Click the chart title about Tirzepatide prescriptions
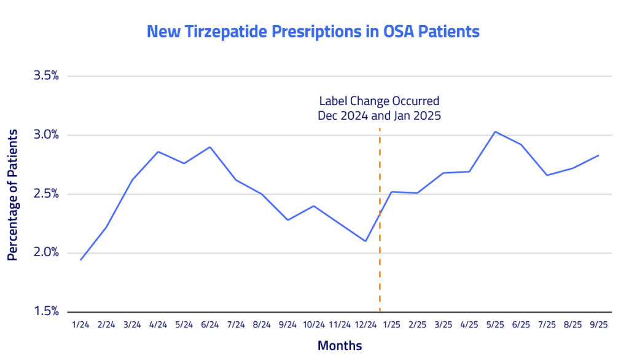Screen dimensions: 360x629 click(x=313, y=31)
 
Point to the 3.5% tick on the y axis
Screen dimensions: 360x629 click(x=46, y=76)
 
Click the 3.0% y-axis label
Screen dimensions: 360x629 click(x=46, y=135)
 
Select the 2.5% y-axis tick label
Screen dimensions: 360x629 click(x=46, y=194)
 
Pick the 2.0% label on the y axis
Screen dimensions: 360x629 click(x=46, y=252)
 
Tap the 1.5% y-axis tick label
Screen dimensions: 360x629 click(x=46, y=311)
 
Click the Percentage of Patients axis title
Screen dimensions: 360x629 click(x=12, y=194)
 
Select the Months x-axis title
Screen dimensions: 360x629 click(x=340, y=345)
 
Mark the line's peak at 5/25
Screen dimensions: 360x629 click(x=495, y=131)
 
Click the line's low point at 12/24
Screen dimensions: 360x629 click(x=366, y=241)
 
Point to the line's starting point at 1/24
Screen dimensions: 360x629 click(x=80, y=260)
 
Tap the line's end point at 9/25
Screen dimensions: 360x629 click(x=599, y=155)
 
